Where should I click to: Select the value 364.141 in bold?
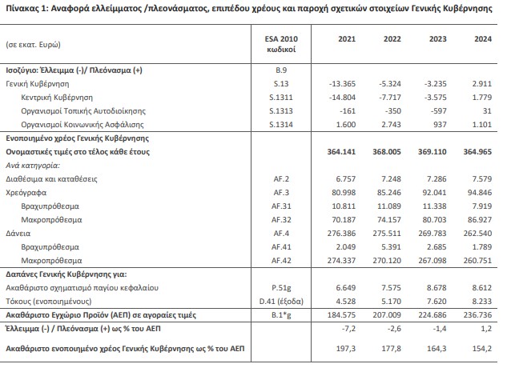(x=337, y=150)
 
